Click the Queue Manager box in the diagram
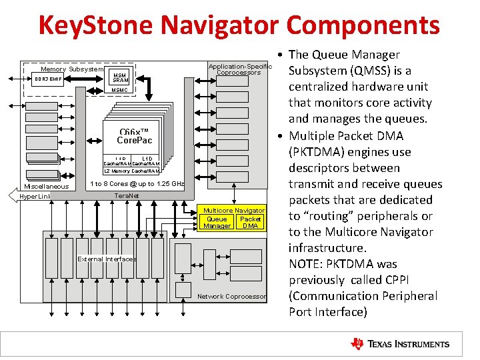(x=217, y=223)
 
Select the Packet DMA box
(x=251, y=223)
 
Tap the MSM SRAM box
(x=120, y=77)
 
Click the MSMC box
(x=120, y=90)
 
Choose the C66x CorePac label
(x=134, y=136)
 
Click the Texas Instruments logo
(x=400, y=344)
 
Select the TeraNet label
(x=127, y=195)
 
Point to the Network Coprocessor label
(x=232, y=296)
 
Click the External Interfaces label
(x=107, y=259)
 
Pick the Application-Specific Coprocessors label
(x=240, y=69)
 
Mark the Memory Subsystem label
(x=72, y=69)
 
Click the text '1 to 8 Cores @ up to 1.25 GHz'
(x=137, y=183)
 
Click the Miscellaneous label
(x=47, y=186)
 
